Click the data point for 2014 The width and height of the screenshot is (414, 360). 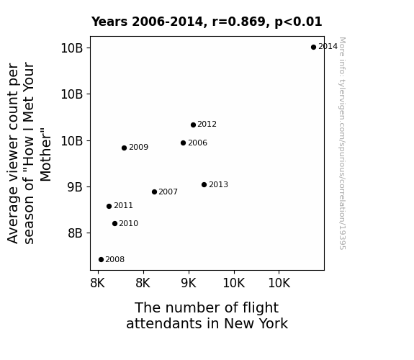[x=313, y=48]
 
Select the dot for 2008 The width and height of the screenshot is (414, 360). [x=101, y=260]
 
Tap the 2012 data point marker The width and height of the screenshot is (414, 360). [x=193, y=125]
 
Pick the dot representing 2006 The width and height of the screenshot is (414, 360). [x=183, y=143]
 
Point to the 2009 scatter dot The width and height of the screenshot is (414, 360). [x=124, y=148]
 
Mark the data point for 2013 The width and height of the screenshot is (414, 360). [x=204, y=184]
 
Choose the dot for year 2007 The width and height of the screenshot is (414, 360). [x=155, y=192]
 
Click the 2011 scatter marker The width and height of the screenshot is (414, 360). [x=109, y=207]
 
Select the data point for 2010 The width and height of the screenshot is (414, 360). [x=114, y=224]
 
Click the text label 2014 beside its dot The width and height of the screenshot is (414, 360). [x=328, y=47]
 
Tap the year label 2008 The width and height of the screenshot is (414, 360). [x=115, y=259]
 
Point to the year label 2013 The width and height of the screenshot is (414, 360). [x=218, y=184]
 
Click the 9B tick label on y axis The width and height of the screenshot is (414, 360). [x=75, y=187]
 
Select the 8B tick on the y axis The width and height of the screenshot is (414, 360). [x=75, y=233]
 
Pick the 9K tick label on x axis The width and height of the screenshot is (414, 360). [x=189, y=283]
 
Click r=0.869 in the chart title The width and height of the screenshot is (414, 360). [x=239, y=22]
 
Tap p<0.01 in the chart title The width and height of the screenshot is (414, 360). [x=298, y=22]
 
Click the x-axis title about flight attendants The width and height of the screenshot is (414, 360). [x=207, y=315]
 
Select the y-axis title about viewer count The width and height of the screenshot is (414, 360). [x=29, y=153]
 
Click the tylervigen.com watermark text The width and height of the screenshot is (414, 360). [x=342, y=143]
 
